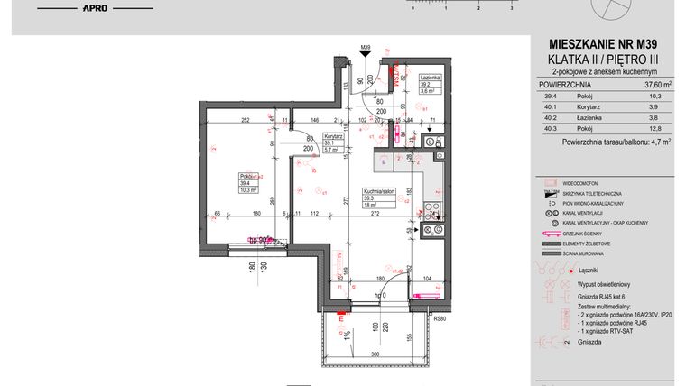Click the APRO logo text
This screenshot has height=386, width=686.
(97, 8)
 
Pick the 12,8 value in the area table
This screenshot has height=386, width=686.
(656, 128)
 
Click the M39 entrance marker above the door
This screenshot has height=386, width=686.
(366, 47)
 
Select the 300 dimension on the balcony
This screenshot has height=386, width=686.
(373, 355)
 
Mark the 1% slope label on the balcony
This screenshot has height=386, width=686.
(347, 335)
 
